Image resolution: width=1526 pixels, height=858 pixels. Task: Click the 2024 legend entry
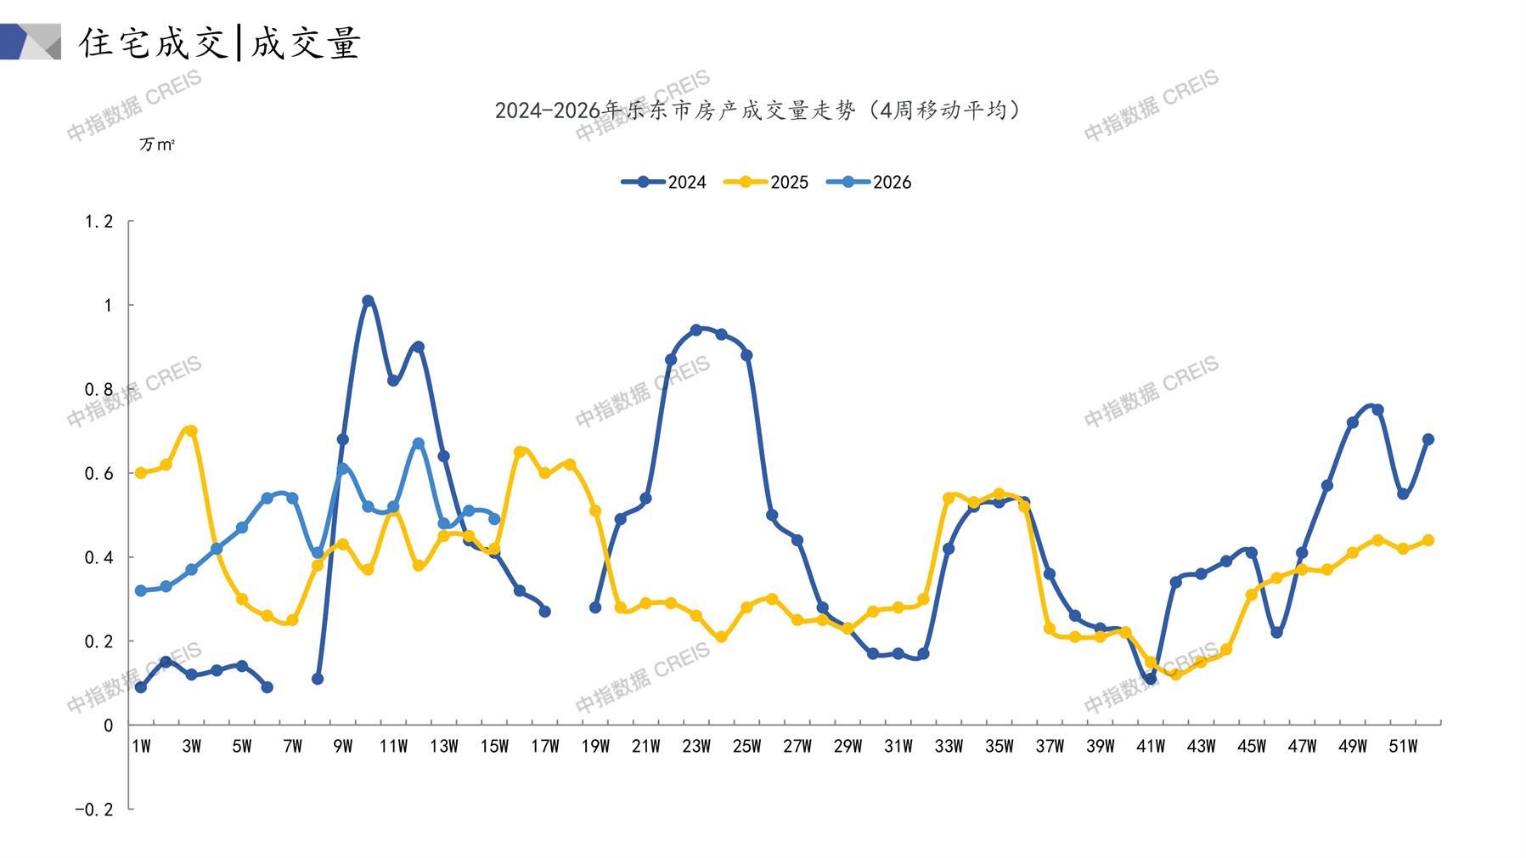pyautogui.click(x=664, y=182)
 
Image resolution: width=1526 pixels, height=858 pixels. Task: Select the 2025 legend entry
pyautogui.click(x=766, y=182)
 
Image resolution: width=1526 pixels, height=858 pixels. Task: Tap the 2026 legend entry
pyautogui.click(x=869, y=182)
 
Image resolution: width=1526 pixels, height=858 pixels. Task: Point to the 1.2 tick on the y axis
pyautogui.click(x=99, y=222)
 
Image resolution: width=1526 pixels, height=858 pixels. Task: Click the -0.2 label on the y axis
pyautogui.click(x=93, y=810)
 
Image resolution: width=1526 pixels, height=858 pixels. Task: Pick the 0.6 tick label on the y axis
pyautogui.click(x=99, y=473)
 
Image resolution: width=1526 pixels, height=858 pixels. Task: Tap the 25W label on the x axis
pyautogui.click(x=746, y=747)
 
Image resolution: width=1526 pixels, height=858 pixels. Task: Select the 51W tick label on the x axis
pyautogui.click(x=1403, y=747)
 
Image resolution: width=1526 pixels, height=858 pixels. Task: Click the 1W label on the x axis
pyautogui.click(x=141, y=747)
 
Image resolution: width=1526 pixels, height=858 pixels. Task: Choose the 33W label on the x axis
pyautogui.click(x=949, y=747)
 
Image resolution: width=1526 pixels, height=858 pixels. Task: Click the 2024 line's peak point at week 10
pyautogui.click(x=368, y=301)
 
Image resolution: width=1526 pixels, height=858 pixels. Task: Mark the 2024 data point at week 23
pyautogui.click(x=696, y=330)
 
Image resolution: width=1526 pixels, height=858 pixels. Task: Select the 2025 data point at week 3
pyautogui.click(x=191, y=431)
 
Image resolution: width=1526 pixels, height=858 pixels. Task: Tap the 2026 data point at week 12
pyautogui.click(x=419, y=443)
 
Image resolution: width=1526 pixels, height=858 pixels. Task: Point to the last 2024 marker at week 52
pyautogui.click(x=1428, y=439)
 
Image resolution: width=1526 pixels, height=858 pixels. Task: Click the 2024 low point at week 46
pyautogui.click(x=1276, y=633)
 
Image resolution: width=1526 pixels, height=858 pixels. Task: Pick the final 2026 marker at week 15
pyautogui.click(x=494, y=519)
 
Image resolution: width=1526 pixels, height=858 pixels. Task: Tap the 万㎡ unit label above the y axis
pyautogui.click(x=157, y=145)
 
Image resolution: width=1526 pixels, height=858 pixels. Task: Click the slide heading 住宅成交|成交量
pyautogui.click(x=221, y=42)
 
